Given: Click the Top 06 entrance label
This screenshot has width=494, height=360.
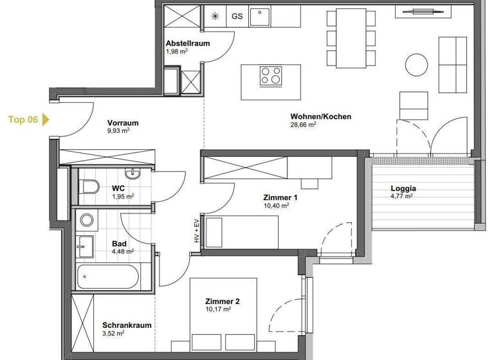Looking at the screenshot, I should pos(23,120).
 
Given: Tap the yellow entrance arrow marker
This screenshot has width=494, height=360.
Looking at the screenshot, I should pos(46,120).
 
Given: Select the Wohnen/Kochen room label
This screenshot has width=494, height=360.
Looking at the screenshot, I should pos(311,116).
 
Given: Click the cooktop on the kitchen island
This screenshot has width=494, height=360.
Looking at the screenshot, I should pos(271,76).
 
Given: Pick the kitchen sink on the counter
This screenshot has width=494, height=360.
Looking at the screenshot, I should pos(259,15).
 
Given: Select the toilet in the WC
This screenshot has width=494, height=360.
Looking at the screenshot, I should pos(89,188).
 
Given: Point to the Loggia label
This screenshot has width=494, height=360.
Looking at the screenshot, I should pos(403,189).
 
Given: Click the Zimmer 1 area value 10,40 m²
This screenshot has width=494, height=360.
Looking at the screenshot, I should pos(277,206).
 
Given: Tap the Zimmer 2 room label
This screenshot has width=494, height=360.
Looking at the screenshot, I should pos(222,301).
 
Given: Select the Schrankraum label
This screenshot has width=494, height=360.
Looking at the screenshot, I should pos(127,325).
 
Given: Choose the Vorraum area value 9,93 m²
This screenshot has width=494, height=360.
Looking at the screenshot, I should pos(118,130).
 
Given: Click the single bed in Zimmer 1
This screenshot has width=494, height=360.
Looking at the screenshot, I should pos(244,232).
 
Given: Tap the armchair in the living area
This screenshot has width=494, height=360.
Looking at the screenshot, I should pos(414,105).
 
